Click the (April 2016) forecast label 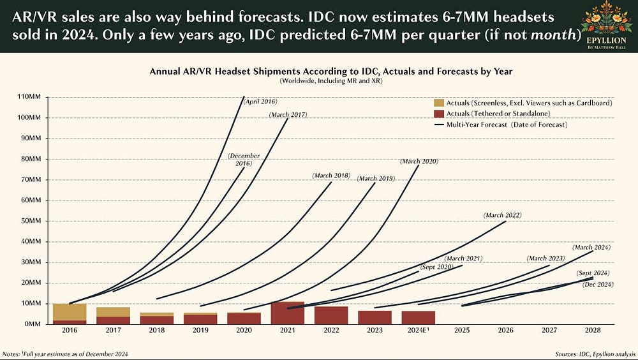(260, 101)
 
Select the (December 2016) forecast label (241, 160)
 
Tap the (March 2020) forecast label (419, 161)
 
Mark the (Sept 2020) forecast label (436, 266)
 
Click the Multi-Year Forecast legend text (510, 124)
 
